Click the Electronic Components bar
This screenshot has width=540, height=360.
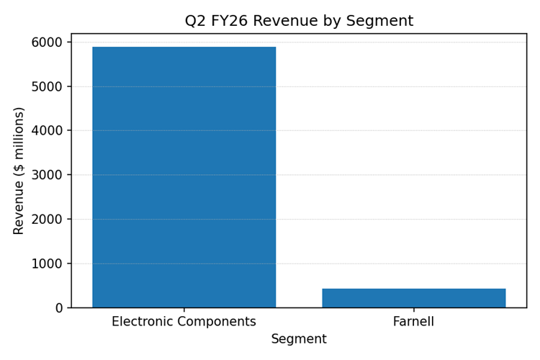184,177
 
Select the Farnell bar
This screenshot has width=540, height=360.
413,298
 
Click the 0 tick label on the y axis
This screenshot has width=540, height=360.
60,308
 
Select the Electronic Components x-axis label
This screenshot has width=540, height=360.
184,322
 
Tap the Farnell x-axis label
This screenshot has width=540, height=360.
413,322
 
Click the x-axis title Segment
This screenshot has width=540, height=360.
299,339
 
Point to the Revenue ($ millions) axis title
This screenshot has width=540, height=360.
19,171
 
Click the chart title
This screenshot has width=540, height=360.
299,21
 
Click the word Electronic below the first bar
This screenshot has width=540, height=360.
141,322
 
